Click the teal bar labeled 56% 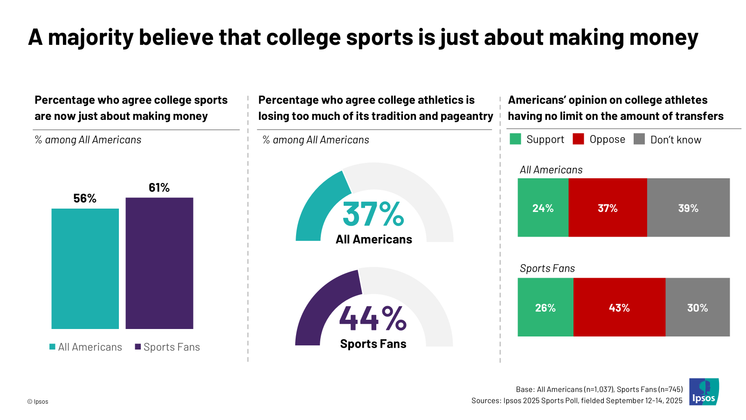click(85, 268)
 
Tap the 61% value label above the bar click(159, 188)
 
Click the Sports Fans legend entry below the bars click(167, 347)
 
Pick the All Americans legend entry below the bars click(86, 347)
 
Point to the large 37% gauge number click(373, 214)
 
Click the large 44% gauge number click(373, 319)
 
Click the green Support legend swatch click(515, 139)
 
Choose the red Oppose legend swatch click(578, 139)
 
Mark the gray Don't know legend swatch click(639, 139)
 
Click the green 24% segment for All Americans click(543, 208)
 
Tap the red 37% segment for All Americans click(608, 208)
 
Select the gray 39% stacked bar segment click(688, 208)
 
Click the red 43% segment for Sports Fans click(619, 308)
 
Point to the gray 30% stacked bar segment click(698, 308)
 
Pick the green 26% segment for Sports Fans click(545, 308)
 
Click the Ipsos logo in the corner click(704, 392)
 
